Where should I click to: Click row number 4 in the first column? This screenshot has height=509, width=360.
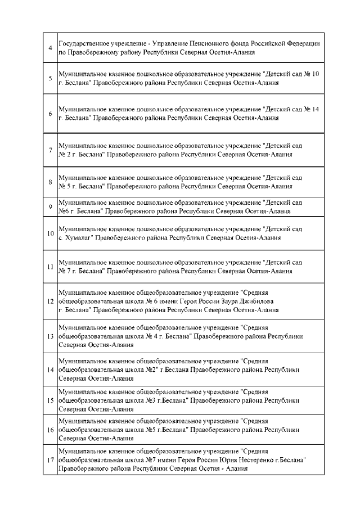click(50, 48)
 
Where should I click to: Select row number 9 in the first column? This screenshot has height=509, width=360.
click(50, 206)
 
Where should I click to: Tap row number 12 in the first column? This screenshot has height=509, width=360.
click(50, 301)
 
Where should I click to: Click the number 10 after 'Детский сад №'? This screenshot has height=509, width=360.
click(316, 74)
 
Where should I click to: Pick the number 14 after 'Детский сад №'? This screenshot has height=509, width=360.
click(316, 109)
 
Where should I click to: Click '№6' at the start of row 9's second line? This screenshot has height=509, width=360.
click(64, 211)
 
